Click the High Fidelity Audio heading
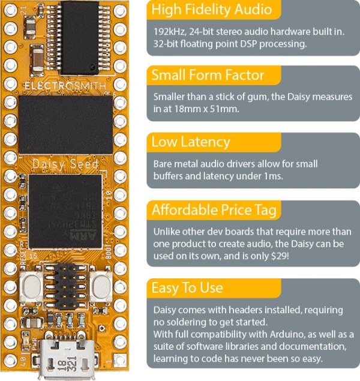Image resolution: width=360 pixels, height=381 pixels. coord(212,10)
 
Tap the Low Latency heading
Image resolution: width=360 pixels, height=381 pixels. coord(191,142)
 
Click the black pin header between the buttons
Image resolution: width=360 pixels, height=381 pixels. coord(65,288)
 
